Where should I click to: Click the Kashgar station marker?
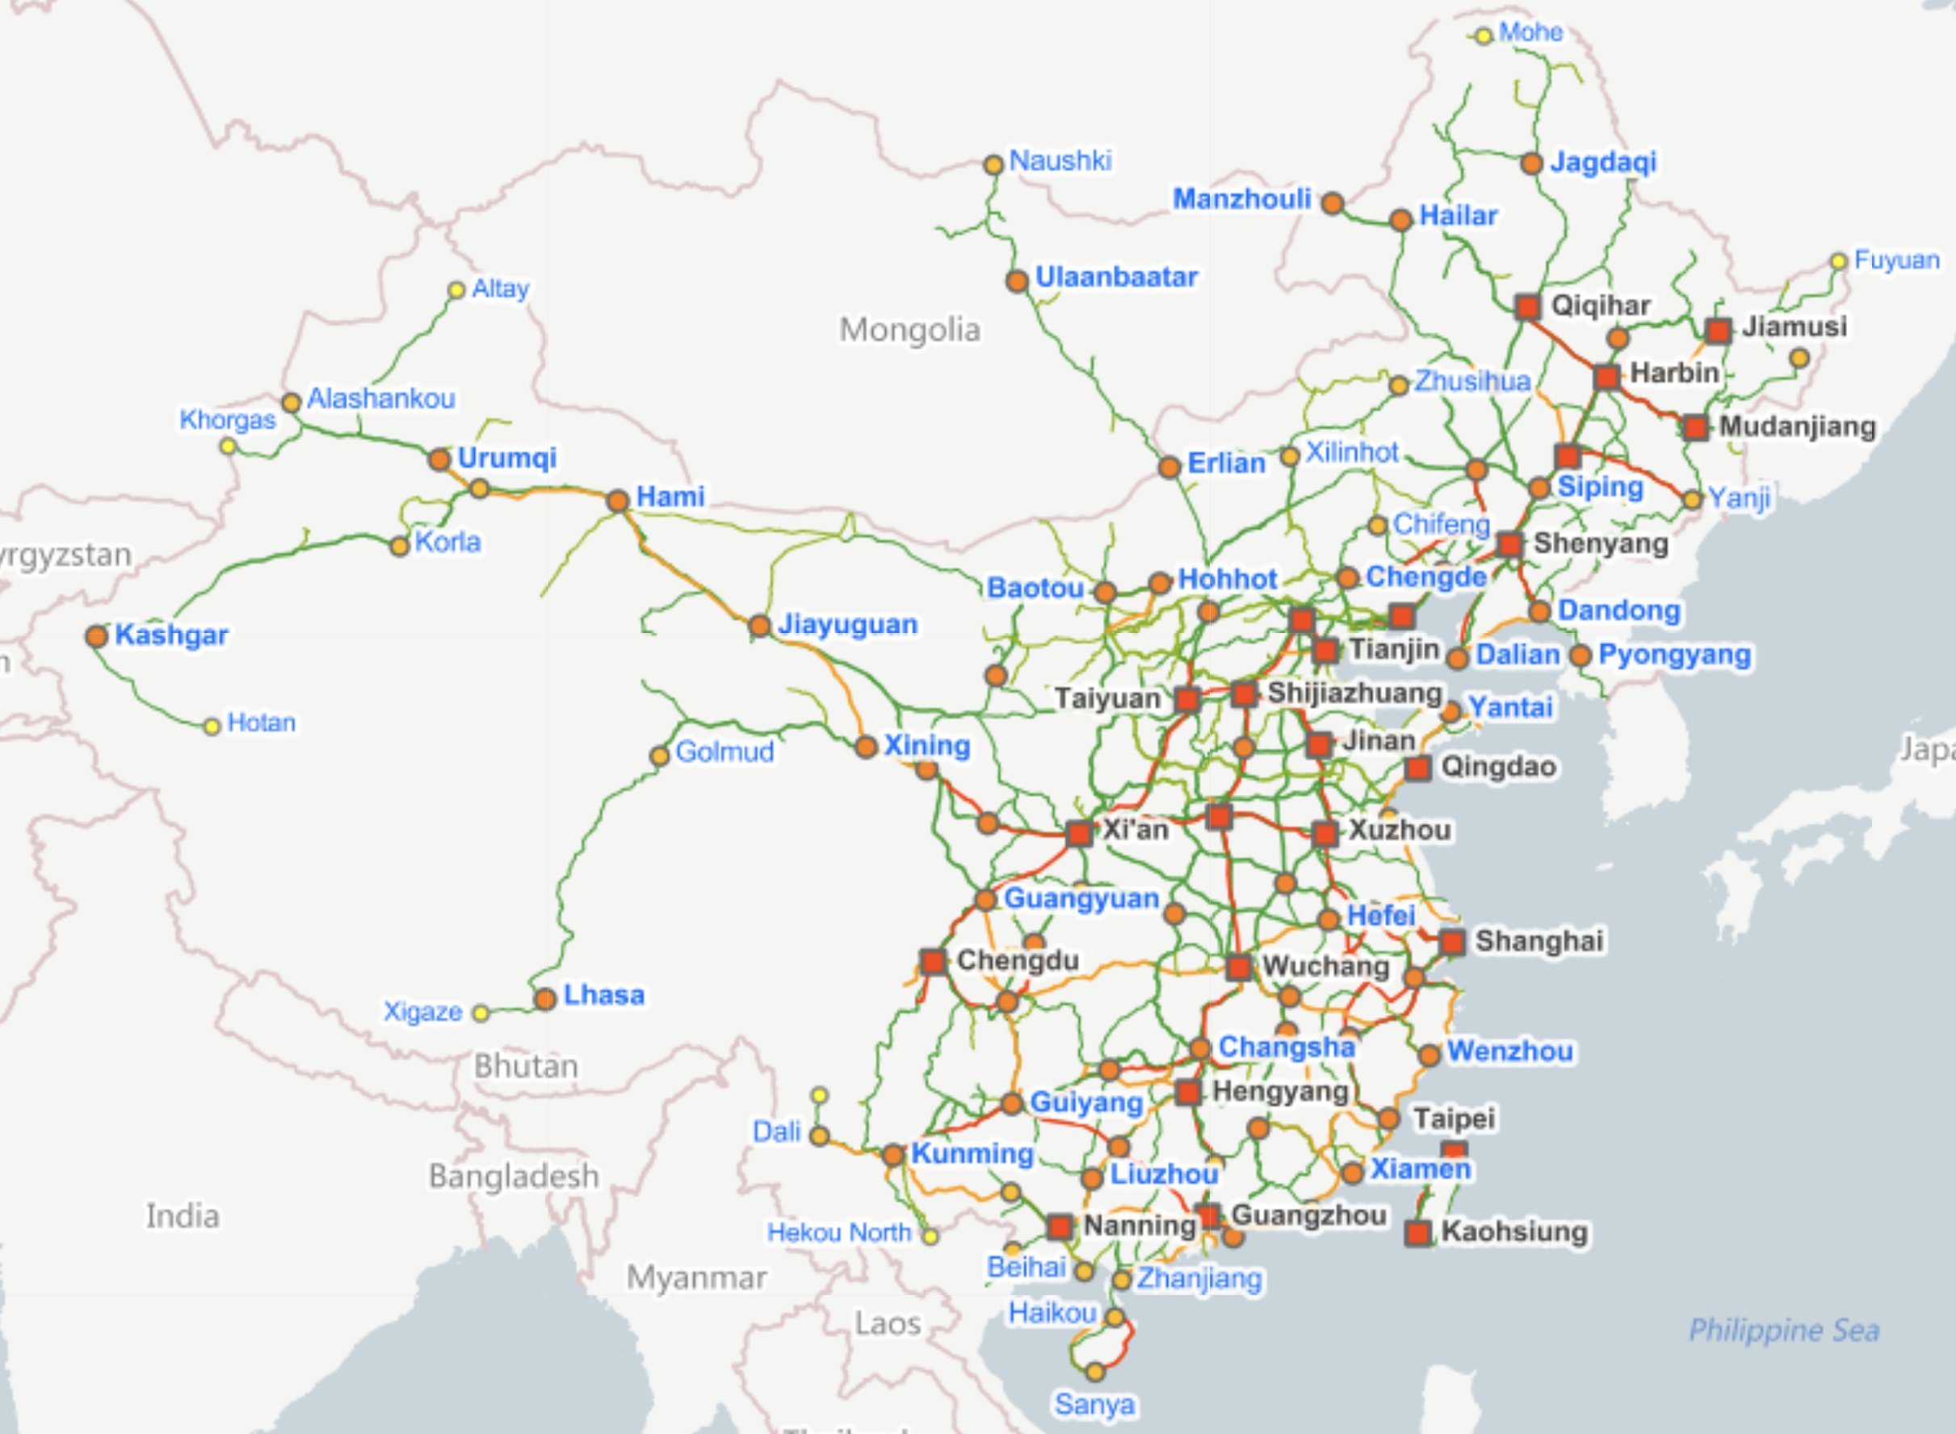click(96, 636)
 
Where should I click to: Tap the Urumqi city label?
click(506, 458)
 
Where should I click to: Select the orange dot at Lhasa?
click(545, 999)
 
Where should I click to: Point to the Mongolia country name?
click(909, 330)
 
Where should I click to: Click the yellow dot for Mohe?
click(1484, 36)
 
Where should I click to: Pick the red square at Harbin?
click(1607, 378)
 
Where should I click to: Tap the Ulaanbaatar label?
click(1115, 278)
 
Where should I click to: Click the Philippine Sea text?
click(1783, 1330)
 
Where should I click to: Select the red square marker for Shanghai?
click(1452, 941)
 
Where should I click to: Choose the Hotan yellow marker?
click(212, 727)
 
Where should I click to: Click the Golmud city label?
click(724, 752)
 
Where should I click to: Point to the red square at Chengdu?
click(934, 961)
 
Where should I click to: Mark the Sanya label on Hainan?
click(1094, 1403)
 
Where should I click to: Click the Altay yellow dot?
click(456, 290)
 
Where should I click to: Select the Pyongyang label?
click(1674, 655)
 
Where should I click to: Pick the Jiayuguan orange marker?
click(760, 626)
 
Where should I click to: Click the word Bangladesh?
click(513, 1176)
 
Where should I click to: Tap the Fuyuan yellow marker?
click(1838, 262)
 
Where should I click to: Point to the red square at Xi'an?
click(1079, 833)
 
